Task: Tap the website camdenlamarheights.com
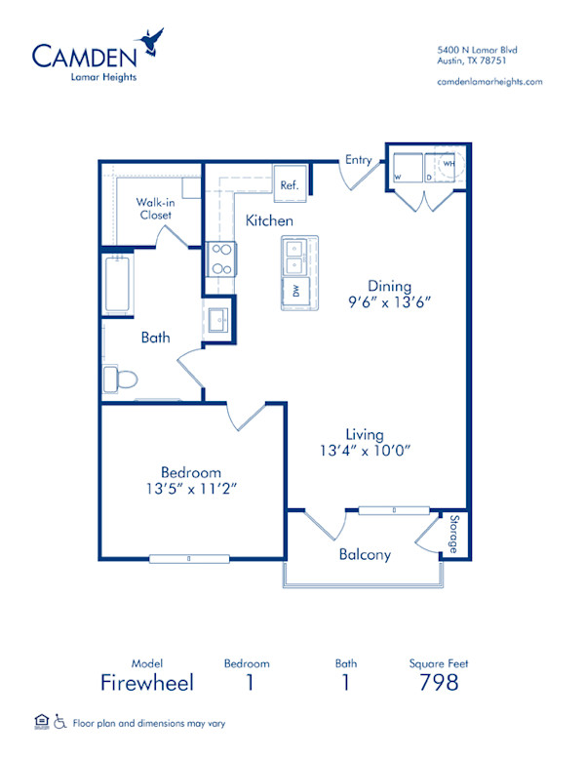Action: pos(490,83)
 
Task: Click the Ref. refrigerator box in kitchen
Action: pos(290,182)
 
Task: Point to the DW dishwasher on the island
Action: pos(295,290)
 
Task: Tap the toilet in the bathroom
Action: pos(121,377)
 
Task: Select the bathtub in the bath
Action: pos(117,282)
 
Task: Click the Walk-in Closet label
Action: pos(155,208)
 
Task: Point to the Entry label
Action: pos(358,160)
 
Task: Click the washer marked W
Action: pos(406,168)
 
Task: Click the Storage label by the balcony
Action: pos(453,535)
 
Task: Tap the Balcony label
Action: pos(365,554)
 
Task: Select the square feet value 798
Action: pos(439,682)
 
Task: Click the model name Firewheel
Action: pos(147,682)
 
